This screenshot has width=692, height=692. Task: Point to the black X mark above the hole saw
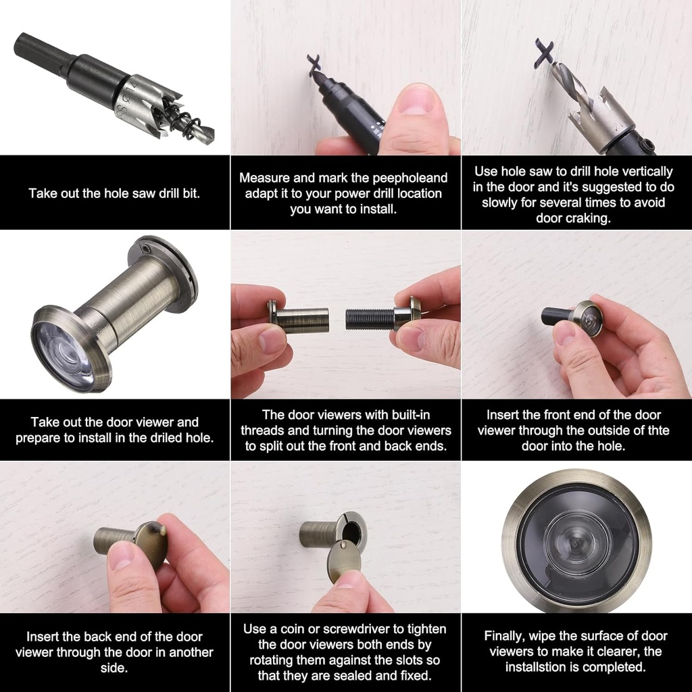[x=543, y=53]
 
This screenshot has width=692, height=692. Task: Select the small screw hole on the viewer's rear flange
[x=148, y=249]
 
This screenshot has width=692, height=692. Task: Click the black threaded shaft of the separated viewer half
[x=369, y=319]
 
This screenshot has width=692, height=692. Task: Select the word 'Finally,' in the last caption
[x=509, y=636]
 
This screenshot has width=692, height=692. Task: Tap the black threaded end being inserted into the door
[x=554, y=316]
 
